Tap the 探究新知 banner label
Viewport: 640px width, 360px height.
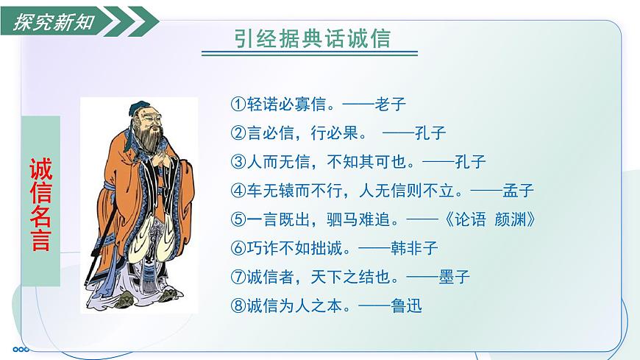click(54, 21)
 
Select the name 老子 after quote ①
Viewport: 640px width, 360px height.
click(391, 104)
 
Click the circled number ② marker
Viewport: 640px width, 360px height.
click(237, 133)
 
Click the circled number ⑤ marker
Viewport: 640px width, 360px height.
click(237, 219)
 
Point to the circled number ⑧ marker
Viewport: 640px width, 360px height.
click(237, 306)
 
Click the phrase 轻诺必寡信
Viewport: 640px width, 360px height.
click(283, 104)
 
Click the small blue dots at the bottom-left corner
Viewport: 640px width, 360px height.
click(21, 349)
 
